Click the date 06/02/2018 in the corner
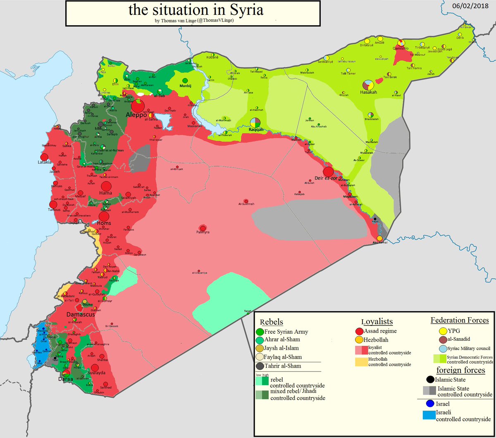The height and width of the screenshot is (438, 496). tap(470, 6)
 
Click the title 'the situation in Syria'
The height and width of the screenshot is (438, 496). tap(196, 10)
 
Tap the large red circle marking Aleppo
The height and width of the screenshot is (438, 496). tap(139, 105)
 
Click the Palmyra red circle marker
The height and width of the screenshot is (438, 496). tap(203, 228)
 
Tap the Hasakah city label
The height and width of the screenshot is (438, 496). tap(368, 92)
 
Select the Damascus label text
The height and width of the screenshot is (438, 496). tap(81, 314)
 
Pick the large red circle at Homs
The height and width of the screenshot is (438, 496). tap(104, 216)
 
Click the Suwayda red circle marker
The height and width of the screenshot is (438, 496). tap(95, 368)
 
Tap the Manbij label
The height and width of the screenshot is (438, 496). tap(186, 86)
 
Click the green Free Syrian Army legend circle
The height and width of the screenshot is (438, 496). tap(260, 332)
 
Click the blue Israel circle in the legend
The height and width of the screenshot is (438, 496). tap(430, 404)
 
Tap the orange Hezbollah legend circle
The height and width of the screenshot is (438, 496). tap(359, 340)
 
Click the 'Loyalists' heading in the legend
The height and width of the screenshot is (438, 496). tap(377, 321)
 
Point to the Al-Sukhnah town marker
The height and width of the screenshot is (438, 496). tap(246, 200)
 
